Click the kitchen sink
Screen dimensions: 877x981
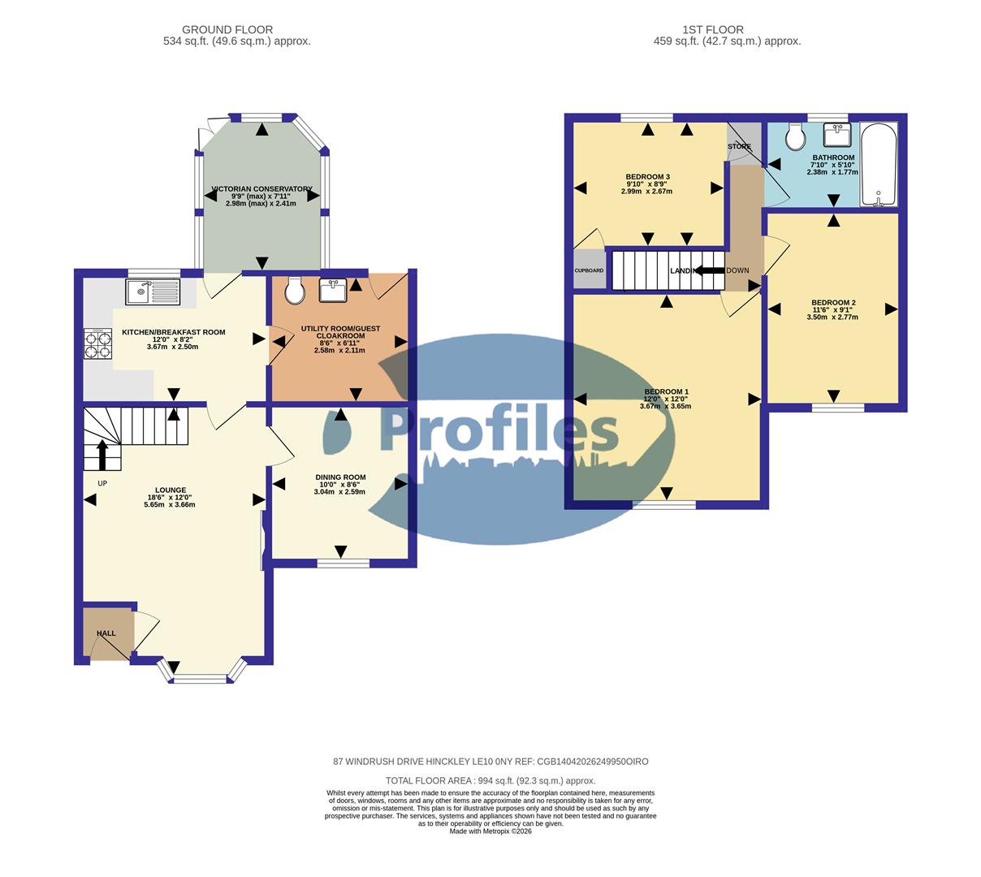point(153,292)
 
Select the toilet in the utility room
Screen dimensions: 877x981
point(295,290)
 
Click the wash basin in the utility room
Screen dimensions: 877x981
point(333,290)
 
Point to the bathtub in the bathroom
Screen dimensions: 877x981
point(879,165)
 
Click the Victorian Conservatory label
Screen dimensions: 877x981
point(261,189)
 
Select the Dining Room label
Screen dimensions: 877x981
point(340,477)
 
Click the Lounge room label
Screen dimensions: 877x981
point(171,490)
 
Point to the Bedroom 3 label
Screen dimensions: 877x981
point(647,177)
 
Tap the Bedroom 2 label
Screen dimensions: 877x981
point(833,303)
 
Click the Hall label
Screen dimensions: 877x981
point(106,633)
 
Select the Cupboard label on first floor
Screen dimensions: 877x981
point(590,270)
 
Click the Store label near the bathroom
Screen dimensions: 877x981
point(739,147)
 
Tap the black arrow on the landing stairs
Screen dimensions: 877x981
point(708,271)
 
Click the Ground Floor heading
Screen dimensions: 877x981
point(227,30)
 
